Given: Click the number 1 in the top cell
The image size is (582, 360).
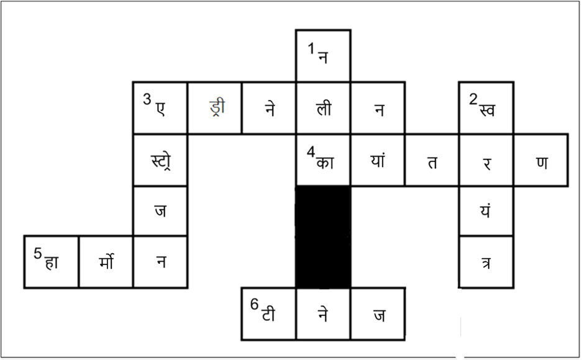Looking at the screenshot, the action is click(x=311, y=48).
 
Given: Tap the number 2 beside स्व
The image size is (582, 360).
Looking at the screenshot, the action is click(x=473, y=99).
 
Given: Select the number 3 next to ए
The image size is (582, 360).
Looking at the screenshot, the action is click(x=147, y=99).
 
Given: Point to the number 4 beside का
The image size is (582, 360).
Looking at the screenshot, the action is click(x=311, y=152).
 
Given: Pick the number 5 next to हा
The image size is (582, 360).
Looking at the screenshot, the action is click(x=37, y=254).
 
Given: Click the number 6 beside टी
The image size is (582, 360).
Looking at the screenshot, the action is click(x=254, y=305).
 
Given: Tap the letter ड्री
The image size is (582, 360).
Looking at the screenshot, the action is click(x=217, y=108).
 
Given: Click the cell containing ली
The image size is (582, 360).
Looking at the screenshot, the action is click(x=323, y=108).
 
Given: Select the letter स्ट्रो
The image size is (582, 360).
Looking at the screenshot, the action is click(x=161, y=161).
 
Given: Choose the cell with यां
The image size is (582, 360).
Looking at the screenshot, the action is click(x=378, y=160).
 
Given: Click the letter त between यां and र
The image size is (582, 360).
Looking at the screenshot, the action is click(x=432, y=163).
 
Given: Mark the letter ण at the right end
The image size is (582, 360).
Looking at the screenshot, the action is click(x=542, y=163).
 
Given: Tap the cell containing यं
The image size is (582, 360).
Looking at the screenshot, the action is click(x=486, y=211).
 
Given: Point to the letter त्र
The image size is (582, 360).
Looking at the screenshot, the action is click(x=486, y=263).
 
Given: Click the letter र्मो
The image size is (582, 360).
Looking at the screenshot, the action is click(x=106, y=261).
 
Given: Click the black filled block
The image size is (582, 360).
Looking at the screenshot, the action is click(x=323, y=237).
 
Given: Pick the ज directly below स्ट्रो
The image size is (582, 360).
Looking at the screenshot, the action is click(x=160, y=211).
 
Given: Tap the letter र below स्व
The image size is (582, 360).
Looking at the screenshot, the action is click(x=487, y=163).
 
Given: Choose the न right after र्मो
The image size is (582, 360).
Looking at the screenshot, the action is click(x=161, y=262).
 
